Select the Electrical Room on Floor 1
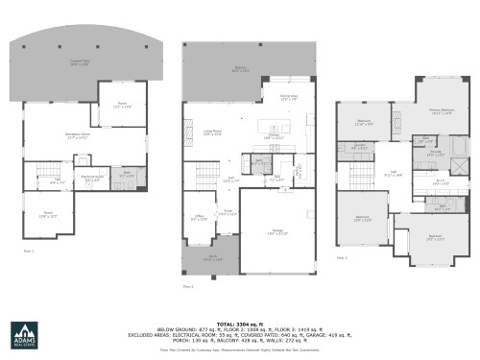(93, 178)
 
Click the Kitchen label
(275, 136)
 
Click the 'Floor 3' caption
(342, 257)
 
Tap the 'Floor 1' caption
(28, 251)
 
